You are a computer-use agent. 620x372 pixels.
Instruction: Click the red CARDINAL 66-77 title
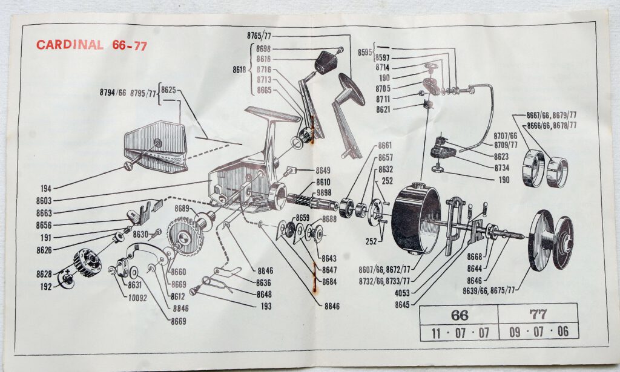pyautogui.click(x=92, y=45)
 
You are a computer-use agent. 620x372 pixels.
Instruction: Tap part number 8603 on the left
pyautogui.click(x=44, y=201)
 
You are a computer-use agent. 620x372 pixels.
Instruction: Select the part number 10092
pyautogui.click(x=137, y=298)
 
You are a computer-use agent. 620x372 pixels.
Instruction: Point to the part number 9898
pyautogui.click(x=324, y=193)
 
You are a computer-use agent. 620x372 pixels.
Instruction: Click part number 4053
pyautogui.click(x=402, y=293)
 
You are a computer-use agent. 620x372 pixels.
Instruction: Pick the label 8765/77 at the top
pyautogui.click(x=259, y=36)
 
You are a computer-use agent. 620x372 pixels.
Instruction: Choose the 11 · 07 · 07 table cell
pyautogui.click(x=460, y=333)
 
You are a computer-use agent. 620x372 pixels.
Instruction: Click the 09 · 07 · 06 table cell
pyautogui.click(x=538, y=331)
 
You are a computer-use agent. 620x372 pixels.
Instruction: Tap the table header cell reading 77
pyautogui.click(x=538, y=315)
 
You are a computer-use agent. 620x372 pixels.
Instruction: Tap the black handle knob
pyautogui.click(x=326, y=62)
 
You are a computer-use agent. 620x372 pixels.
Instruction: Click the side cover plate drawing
pyautogui.click(x=156, y=146)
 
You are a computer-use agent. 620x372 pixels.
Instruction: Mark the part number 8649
pyautogui.click(x=323, y=171)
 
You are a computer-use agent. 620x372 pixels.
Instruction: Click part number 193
pyautogui.click(x=266, y=306)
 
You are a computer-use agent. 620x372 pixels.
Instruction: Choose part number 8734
pyautogui.click(x=502, y=168)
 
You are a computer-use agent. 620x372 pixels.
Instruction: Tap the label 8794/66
pyautogui.click(x=113, y=93)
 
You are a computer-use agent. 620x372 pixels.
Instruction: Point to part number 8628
pyautogui.click(x=44, y=274)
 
